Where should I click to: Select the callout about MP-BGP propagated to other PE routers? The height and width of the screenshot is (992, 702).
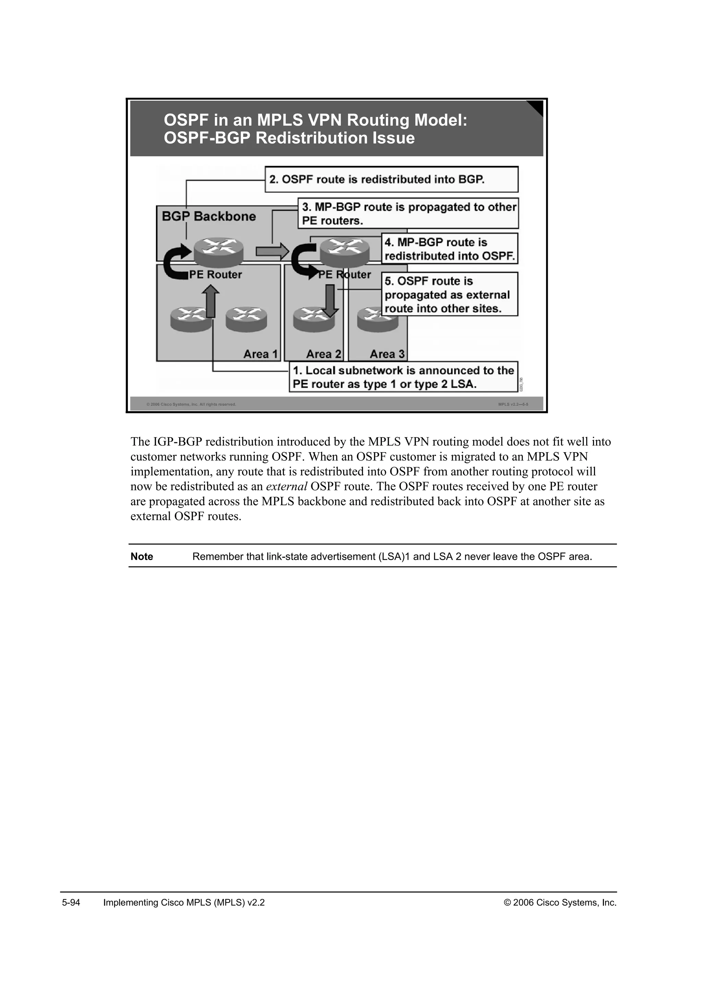click(x=408, y=213)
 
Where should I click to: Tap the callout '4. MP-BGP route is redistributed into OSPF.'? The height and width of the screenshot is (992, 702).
click(x=450, y=249)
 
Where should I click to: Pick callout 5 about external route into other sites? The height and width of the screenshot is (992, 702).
click(x=450, y=294)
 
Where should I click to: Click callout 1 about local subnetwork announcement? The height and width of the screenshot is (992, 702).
click(x=403, y=377)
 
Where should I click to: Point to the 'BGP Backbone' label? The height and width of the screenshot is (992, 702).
click(x=209, y=216)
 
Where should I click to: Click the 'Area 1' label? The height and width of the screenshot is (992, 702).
click(x=261, y=354)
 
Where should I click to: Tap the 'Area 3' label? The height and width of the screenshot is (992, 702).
click(x=387, y=354)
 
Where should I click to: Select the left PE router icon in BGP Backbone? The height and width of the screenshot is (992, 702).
click(x=218, y=251)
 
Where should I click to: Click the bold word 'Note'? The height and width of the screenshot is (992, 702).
click(x=142, y=557)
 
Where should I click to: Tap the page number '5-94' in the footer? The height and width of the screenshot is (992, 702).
click(x=71, y=903)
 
